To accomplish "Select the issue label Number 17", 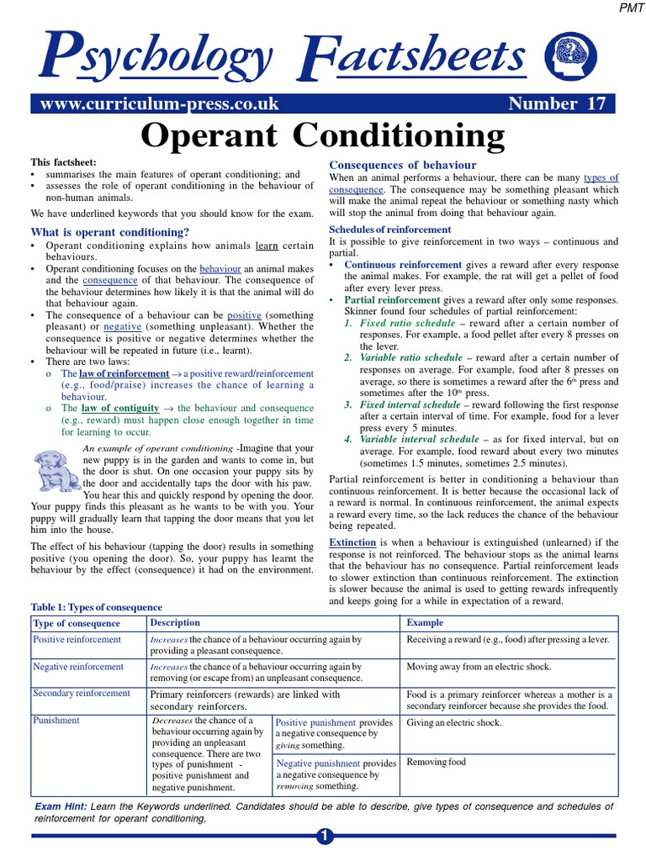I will coord(556,104).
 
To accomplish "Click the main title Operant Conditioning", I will coord(323,135).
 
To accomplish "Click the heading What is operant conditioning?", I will coord(109,231).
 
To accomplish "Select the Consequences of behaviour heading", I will coord(402,165).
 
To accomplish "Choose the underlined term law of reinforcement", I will coord(125,372).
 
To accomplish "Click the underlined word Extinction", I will coord(352,543).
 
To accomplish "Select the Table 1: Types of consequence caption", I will coord(97,607).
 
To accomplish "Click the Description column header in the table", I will coord(175,623).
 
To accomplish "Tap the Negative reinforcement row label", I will coord(77,667).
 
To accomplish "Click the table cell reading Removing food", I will coord(436,762).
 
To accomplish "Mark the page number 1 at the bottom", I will coord(324,837).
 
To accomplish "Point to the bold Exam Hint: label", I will coord(61,806).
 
